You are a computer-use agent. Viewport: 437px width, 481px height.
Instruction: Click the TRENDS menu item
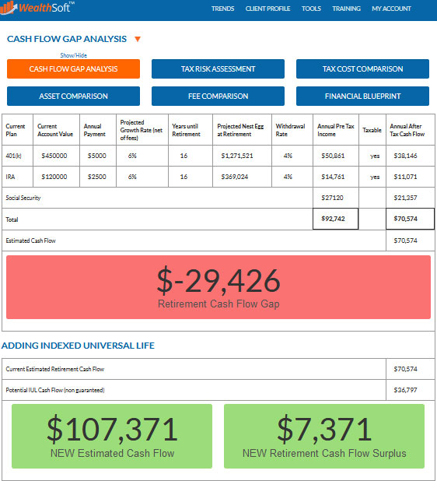click(x=222, y=9)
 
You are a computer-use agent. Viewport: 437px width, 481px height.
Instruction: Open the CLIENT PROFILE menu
click(x=267, y=9)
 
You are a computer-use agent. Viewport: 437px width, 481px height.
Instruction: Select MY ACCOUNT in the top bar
click(x=391, y=9)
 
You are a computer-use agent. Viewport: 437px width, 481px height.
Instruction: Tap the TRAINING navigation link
click(x=346, y=9)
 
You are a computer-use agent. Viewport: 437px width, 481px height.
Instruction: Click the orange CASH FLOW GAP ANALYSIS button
click(x=73, y=69)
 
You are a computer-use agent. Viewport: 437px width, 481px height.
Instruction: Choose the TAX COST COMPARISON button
click(x=362, y=69)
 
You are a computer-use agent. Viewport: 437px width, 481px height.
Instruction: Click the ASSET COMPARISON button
click(x=73, y=97)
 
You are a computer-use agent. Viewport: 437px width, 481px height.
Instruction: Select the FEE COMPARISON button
click(x=218, y=97)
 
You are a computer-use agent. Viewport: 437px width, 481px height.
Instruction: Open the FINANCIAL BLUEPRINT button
click(x=362, y=97)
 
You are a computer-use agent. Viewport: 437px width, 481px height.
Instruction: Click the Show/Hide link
click(x=74, y=55)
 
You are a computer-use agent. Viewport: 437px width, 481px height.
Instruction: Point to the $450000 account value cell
click(x=56, y=156)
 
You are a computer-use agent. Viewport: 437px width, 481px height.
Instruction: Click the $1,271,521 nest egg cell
click(x=237, y=156)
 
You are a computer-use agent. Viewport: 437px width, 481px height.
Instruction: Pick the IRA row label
click(x=11, y=177)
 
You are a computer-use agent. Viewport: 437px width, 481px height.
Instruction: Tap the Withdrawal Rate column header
click(x=288, y=129)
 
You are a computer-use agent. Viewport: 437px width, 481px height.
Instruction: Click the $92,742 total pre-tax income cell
click(x=334, y=219)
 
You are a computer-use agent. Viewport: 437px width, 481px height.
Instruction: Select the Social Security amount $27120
click(x=334, y=198)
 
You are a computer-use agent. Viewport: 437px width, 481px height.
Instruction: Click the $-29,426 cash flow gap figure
click(x=218, y=280)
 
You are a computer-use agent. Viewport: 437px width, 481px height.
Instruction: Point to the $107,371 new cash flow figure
click(x=112, y=429)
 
